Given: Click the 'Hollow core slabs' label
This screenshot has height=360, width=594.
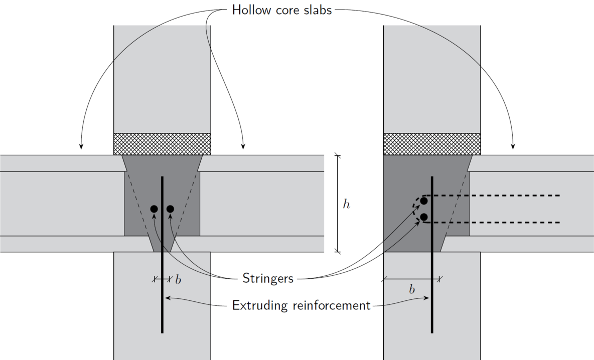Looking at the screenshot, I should click(x=281, y=10).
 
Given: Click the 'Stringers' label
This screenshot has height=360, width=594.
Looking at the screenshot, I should click(x=267, y=278).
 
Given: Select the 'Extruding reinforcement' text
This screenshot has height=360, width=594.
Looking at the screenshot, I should click(x=301, y=305).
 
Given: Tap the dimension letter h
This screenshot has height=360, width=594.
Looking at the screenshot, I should click(x=346, y=204).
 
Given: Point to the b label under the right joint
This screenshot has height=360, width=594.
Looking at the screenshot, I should click(x=412, y=290).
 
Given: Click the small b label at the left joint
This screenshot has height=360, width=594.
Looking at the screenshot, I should click(x=178, y=279).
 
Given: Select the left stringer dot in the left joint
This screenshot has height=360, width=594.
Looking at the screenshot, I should click(x=154, y=209).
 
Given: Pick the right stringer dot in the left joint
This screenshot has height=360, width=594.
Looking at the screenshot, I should click(x=170, y=209).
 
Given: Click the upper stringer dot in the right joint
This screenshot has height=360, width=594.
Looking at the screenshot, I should click(x=424, y=201).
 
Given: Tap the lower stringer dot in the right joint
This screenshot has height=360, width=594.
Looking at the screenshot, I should click(x=424, y=217).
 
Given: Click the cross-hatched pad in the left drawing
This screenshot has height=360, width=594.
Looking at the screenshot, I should click(x=162, y=144).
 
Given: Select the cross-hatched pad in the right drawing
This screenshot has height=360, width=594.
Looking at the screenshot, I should click(x=432, y=144).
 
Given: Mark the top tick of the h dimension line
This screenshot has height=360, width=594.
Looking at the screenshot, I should click(x=337, y=155).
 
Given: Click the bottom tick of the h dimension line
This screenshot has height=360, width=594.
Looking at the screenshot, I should click(x=337, y=252).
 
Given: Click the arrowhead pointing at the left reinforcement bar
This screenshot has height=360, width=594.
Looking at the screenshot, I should click(x=167, y=298).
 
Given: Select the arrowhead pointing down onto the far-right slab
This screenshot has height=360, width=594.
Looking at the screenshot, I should click(x=513, y=146).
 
